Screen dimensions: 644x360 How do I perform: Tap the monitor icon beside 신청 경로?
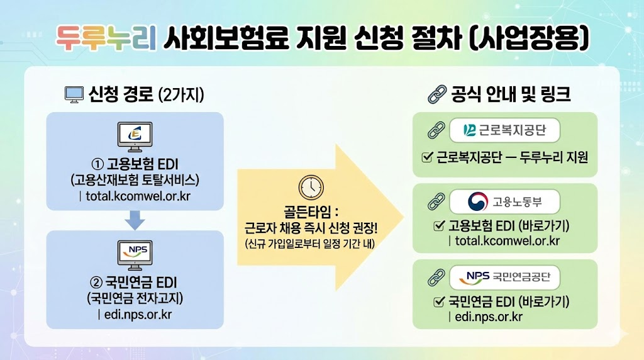click(x=74, y=95)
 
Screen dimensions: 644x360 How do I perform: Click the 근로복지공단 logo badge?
click(x=505, y=130)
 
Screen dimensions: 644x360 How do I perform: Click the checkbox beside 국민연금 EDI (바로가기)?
click(x=439, y=302)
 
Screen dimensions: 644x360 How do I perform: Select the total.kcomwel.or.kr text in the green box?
click(x=507, y=241)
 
